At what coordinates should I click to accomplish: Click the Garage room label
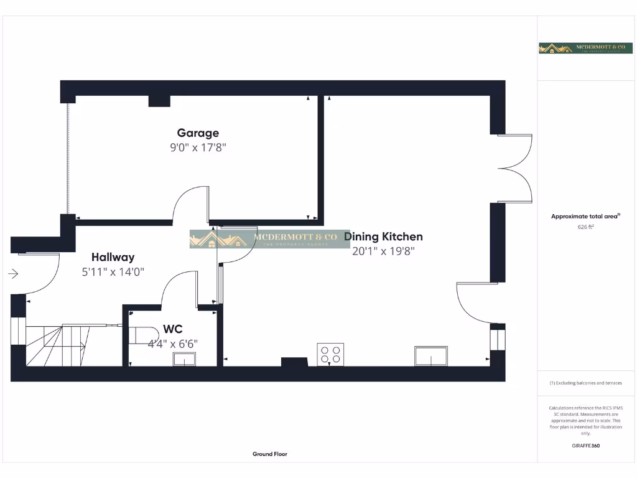point(198,133)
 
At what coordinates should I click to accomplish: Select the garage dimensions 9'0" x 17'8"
point(198,148)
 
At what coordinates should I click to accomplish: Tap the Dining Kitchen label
point(383,237)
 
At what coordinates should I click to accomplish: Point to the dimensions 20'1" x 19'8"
point(383,251)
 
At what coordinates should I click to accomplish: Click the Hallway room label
point(113,257)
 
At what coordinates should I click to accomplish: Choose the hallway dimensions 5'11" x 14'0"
point(113,272)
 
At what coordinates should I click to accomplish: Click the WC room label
point(173,329)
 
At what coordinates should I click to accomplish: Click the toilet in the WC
point(142,334)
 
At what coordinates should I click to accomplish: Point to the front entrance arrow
point(14,273)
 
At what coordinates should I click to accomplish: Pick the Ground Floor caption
point(270,454)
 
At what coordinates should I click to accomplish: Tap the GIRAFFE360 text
point(585,446)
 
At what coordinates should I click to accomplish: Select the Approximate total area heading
point(585,216)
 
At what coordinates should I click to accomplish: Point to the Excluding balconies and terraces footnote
point(585,383)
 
